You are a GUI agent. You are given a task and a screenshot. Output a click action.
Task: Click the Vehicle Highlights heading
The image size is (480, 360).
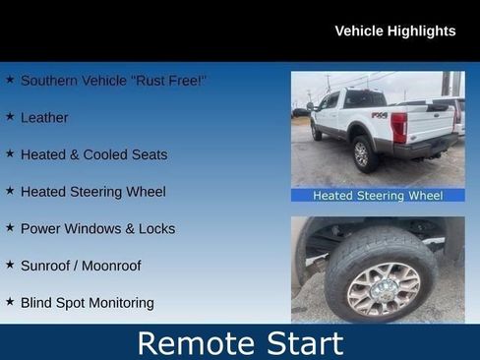(394, 30)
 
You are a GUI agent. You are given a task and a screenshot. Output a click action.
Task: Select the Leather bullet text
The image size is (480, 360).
(44, 117)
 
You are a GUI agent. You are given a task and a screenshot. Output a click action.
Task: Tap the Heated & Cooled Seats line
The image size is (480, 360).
(93, 154)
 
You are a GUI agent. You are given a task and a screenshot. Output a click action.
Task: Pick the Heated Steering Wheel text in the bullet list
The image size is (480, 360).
(92, 192)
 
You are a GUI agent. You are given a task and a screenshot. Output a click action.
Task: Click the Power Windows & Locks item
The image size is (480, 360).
(97, 228)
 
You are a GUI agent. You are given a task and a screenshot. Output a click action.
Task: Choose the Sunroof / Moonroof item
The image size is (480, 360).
(81, 266)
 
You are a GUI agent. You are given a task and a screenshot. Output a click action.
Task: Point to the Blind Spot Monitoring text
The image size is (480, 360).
(87, 303)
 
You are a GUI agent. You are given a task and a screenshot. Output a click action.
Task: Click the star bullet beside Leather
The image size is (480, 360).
(10, 116)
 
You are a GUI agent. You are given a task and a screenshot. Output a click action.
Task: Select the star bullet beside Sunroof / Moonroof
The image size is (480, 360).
(10, 265)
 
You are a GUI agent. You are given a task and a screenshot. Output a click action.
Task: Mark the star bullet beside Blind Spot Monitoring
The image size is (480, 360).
(10, 302)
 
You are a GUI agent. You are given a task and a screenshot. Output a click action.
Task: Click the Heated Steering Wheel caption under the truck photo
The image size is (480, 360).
(378, 196)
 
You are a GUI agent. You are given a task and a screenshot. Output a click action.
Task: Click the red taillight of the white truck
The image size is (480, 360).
(398, 126)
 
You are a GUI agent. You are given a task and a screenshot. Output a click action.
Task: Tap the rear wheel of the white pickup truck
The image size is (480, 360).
(362, 153)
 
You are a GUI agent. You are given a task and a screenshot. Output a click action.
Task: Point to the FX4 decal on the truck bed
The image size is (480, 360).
(379, 115)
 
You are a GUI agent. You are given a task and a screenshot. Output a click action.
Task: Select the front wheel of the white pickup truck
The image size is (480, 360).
(316, 132)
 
